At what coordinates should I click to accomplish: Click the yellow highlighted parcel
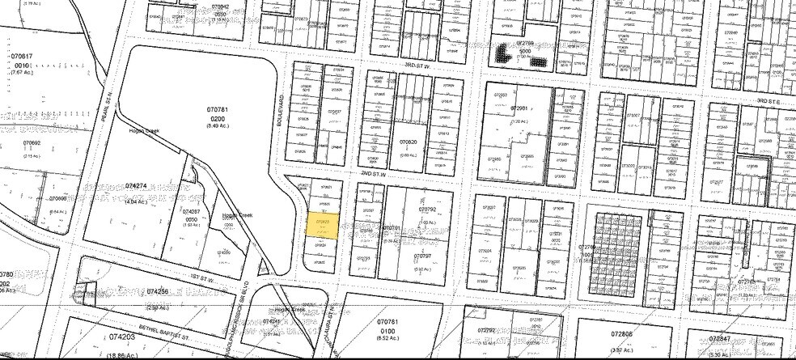click(323, 223)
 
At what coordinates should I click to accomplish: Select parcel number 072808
click(622, 332)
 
